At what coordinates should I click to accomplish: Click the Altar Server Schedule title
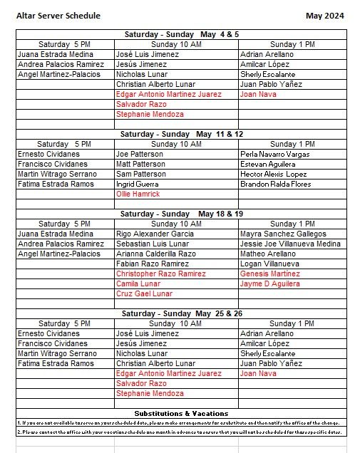pyautogui.click(x=58, y=16)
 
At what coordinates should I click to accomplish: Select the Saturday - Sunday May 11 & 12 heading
pyautogui.click(x=182, y=134)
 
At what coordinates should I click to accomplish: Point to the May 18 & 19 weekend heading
pyautogui.click(x=182, y=214)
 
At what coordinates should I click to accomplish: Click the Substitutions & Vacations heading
pyautogui.click(x=182, y=413)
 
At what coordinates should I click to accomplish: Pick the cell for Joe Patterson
pyautogui.click(x=139, y=154)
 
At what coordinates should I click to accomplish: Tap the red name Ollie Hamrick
pyautogui.click(x=138, y=194)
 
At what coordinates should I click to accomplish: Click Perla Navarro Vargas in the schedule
pyautogui.click(x=275, y=154)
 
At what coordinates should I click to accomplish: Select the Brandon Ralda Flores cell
pyautogui.click(x=277, y=184)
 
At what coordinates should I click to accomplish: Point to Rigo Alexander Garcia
pyautogui.click(x=155, y=234)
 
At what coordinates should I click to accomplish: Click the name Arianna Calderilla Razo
pyautogui.click(x=156, y=254)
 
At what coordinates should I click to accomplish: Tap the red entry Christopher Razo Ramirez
pyautogui.click(x=161, y=274)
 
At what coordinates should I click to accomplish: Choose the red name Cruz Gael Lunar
pyautogui.click(x=144, y=293)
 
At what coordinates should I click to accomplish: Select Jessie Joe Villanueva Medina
pyautogui.click(x=291, y=244)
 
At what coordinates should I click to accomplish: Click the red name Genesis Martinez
pyautogui.click(x=270, y=274)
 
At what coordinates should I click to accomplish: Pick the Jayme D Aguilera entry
pyautogui.click(x=270, y=283)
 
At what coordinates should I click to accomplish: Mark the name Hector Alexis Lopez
pyautogui.click(x=274, y=174)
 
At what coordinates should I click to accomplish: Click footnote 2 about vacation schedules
pyautogui.click(x=182, y=432)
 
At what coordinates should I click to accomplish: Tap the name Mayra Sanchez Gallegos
pyautogui.click(x=283, y=234)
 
